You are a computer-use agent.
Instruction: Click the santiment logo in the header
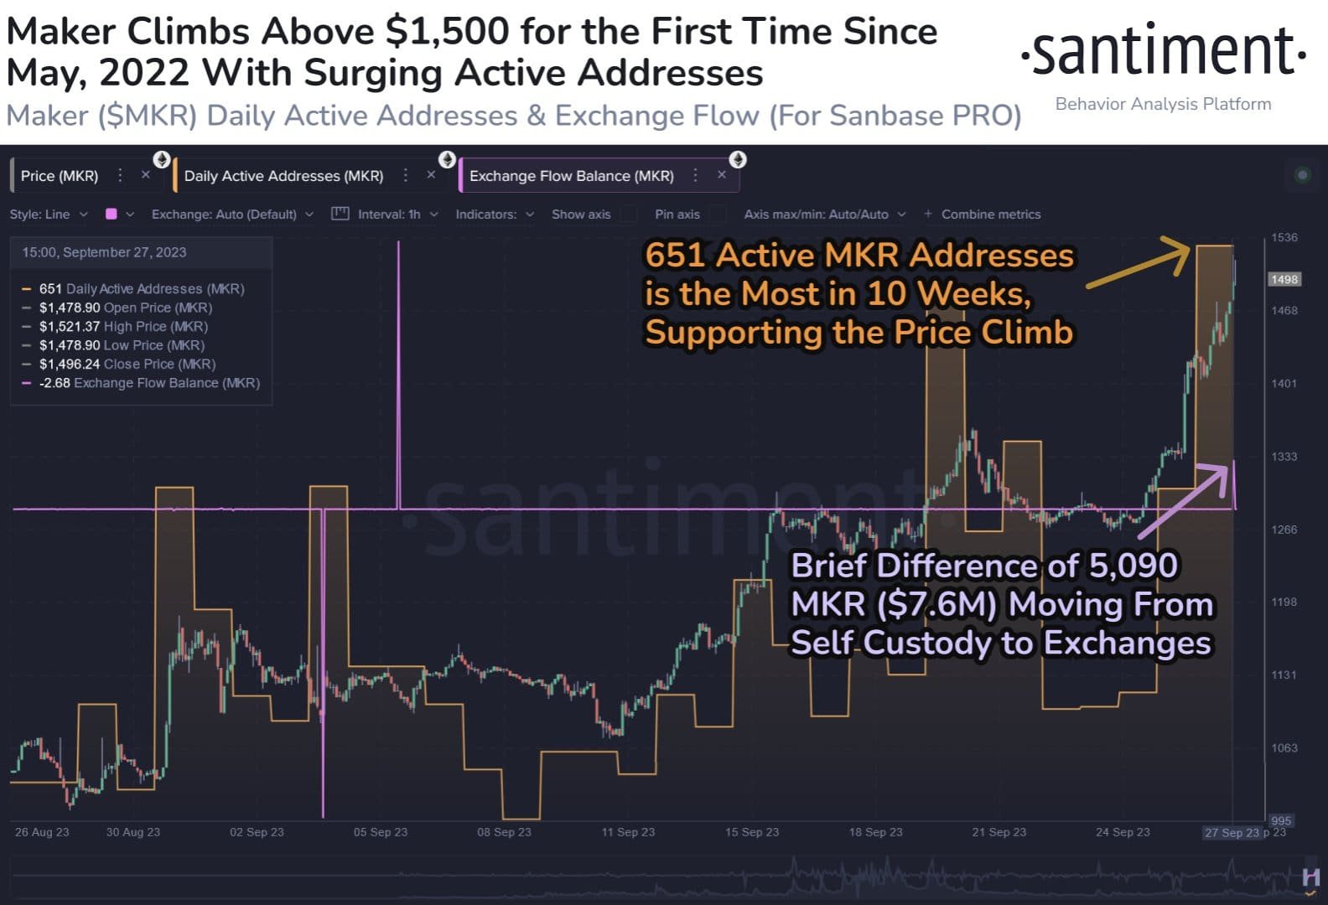point(1163,51)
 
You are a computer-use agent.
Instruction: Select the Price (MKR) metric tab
point(60,176)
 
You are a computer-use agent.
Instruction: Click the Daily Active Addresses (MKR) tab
point(283,176)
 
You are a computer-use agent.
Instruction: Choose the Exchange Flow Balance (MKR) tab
point(571,176)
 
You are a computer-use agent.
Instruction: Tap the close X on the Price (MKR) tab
point(145,175)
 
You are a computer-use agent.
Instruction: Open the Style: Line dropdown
point(48,215)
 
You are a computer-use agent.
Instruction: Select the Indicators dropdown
point(494,215)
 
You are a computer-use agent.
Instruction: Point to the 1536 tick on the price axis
point(1284,238)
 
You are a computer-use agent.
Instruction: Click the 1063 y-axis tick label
point(1284,747)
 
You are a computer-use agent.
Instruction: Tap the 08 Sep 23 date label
point(504,832)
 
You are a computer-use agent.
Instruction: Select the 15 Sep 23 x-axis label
point(752,832)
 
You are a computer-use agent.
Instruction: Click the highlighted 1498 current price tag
point(1284,279)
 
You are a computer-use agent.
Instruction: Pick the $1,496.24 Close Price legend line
point(127,364)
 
